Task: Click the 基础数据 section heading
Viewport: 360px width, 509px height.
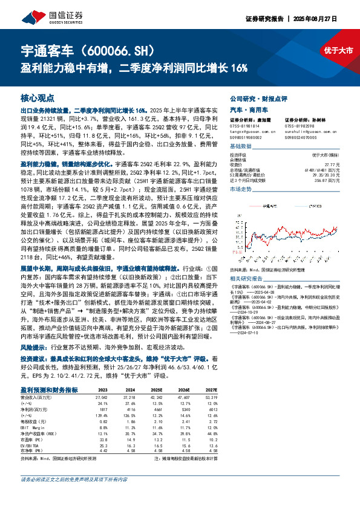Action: [x=241, y=147]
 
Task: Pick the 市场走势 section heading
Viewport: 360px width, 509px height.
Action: [x=241, y=189]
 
